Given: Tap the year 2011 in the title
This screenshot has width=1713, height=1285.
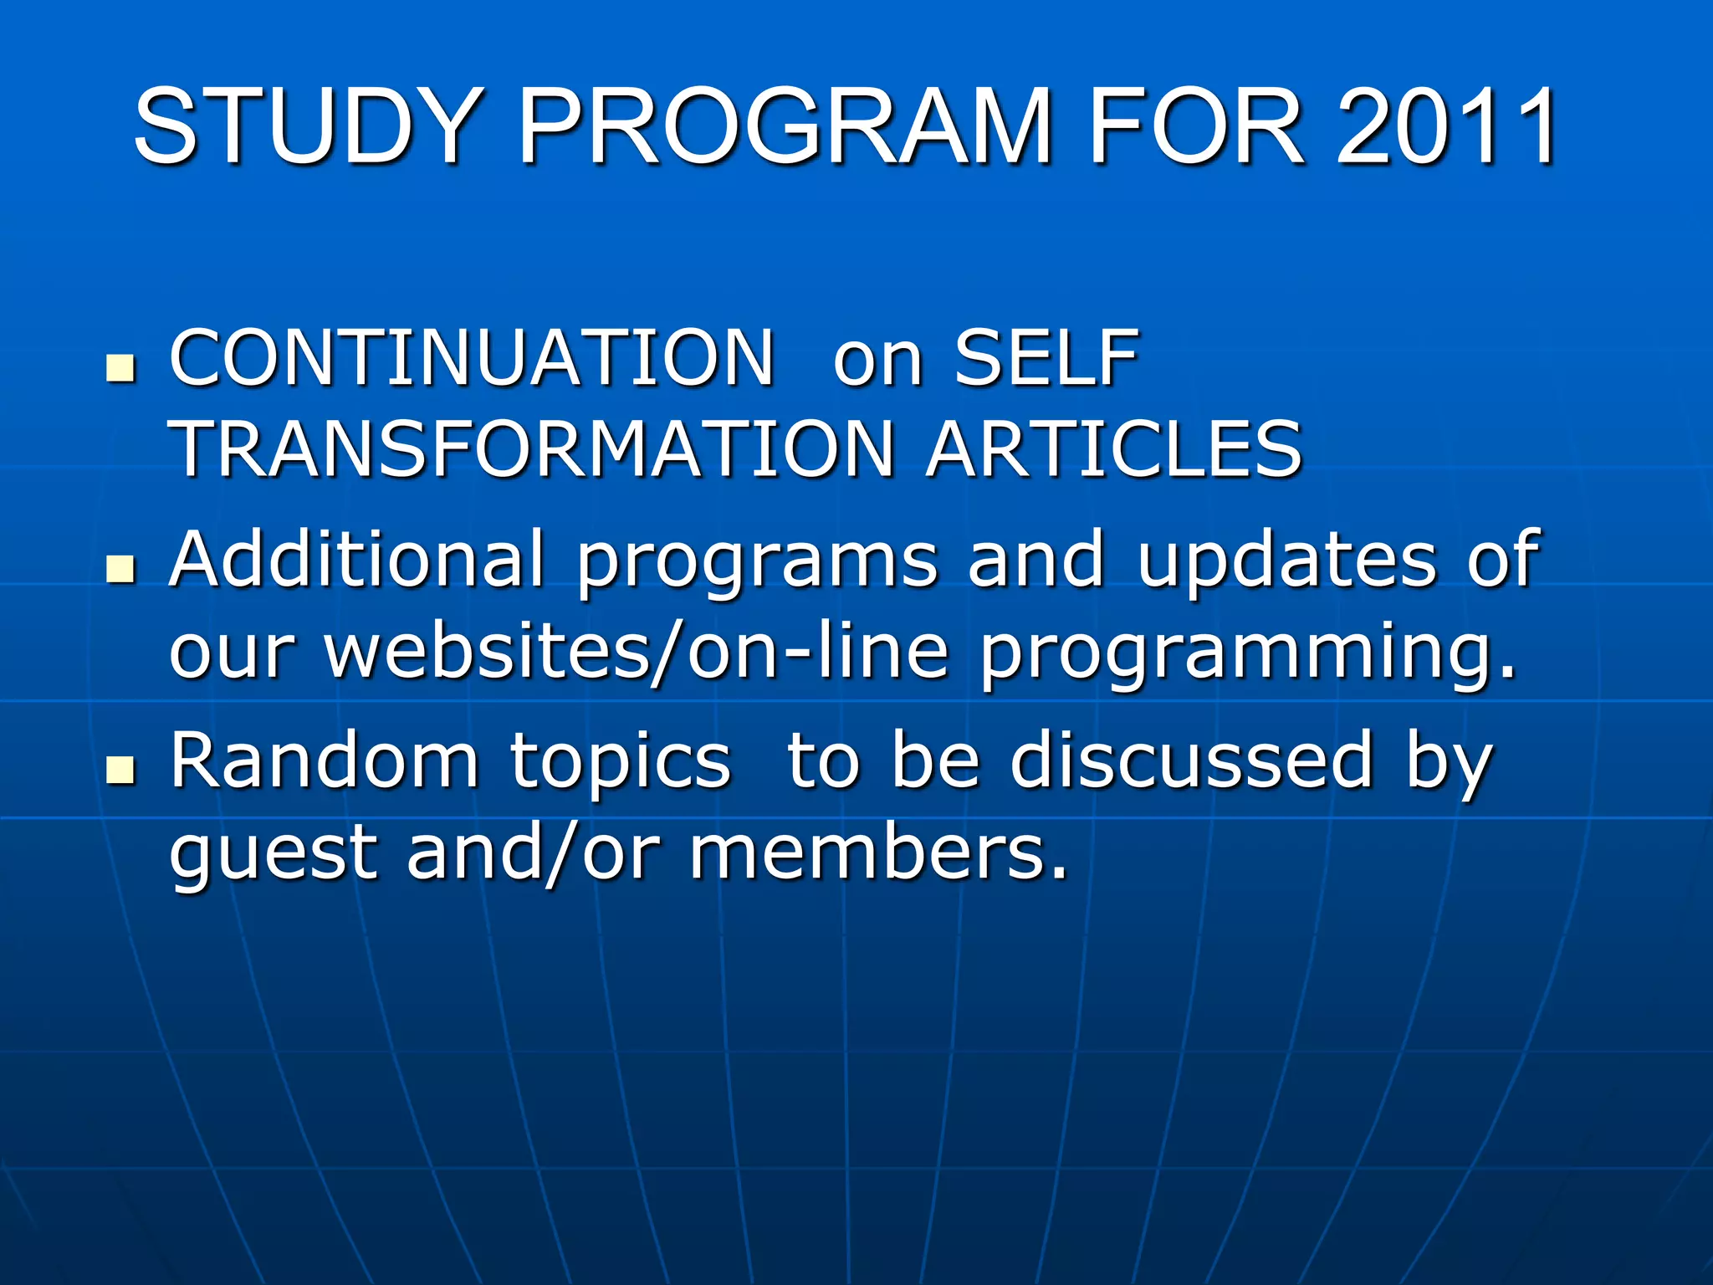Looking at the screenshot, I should [x=1445, y=127].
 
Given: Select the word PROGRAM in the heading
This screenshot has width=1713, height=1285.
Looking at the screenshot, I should [x=785, y=127].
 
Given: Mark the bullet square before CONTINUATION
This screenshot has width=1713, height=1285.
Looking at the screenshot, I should [x=122, y=368].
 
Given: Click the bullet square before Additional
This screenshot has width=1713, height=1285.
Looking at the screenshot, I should [x=122, y=570].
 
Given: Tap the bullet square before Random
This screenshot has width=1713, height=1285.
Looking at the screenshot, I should [x=122, y=770].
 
